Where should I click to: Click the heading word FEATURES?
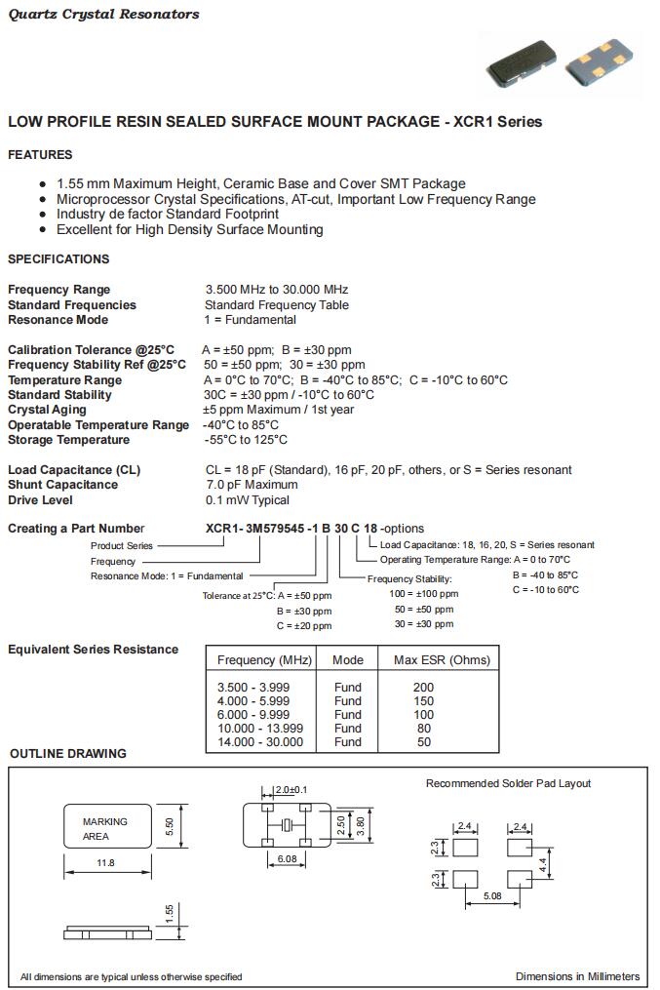tap(40, 155)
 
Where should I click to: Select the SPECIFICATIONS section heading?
tap(58, 259)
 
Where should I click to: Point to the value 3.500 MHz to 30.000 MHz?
tap(277, 290)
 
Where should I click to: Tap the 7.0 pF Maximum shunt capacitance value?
tap(252, 485)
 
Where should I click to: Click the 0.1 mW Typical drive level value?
tap(247, 500)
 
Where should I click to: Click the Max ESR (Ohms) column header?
tap(442, 660)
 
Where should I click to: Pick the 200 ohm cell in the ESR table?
tap(423, 688)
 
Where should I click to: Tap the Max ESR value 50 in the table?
tap(423, 742)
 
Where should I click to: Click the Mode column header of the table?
tap(348, 660)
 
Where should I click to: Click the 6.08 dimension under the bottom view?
tap(288, 858)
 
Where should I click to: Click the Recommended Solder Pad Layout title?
tap(508, 783)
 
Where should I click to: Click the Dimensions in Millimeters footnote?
tap(577, 976)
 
